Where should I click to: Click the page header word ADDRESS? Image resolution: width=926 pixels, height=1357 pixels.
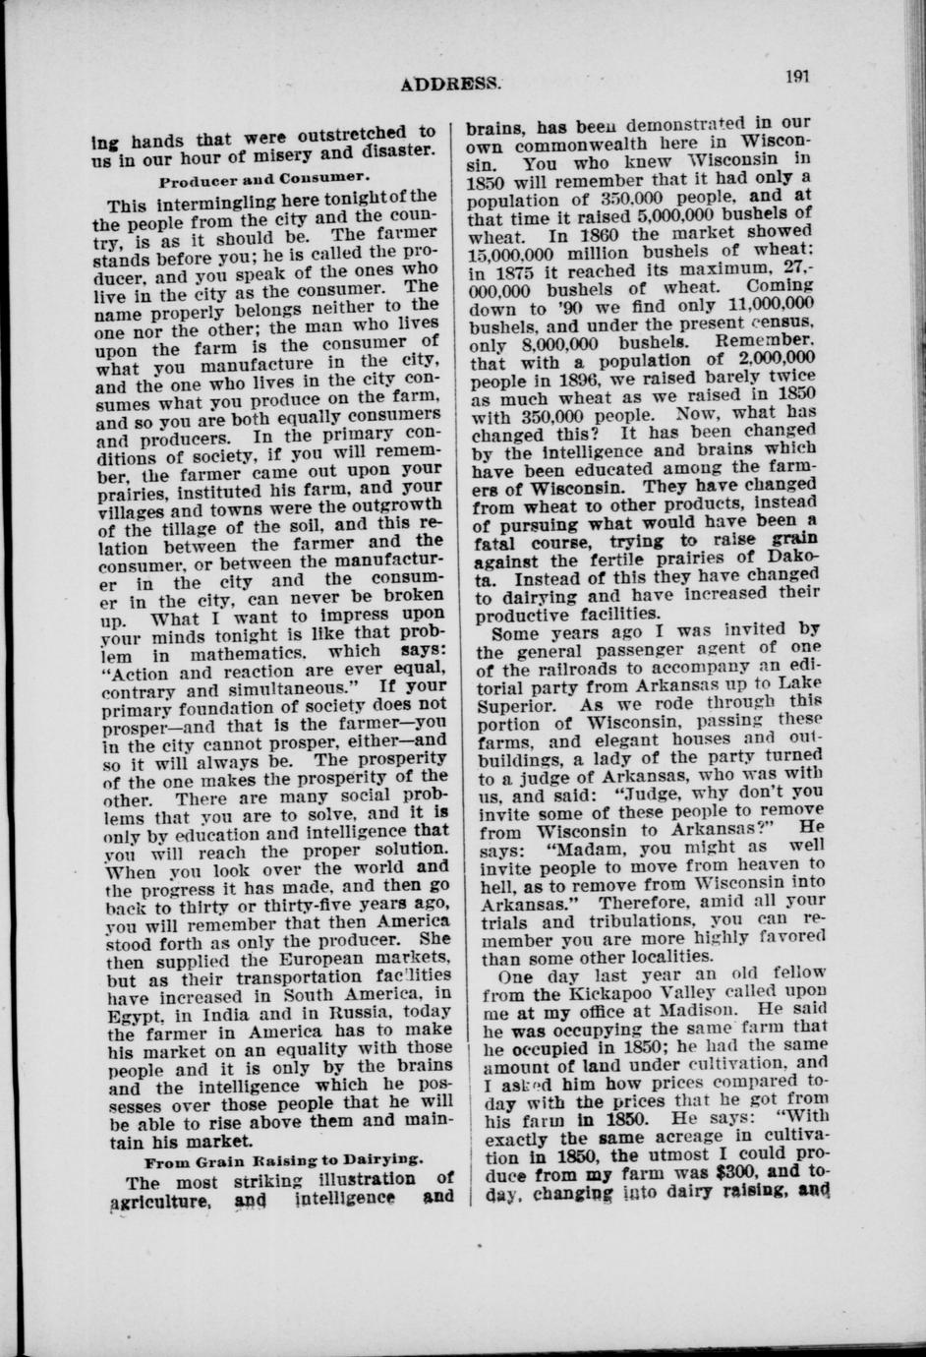pyautogui.click(x=451, y=84)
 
